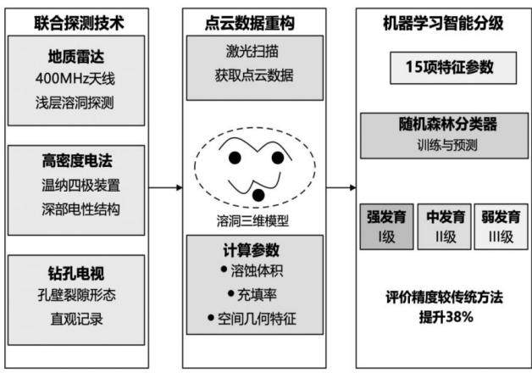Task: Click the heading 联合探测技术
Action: tap(79, 23)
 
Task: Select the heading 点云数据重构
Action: tap(250, 23)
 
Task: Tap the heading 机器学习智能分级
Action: tap(443, 23)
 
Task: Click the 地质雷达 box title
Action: tap(76, 56)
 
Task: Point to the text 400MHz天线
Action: tap(75, 79)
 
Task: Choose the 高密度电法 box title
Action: tap(77, 160)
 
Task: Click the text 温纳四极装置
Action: tap(80, 186)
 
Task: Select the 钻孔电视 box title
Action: tap(76, 273)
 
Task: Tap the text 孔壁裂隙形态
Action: tap(77, 295)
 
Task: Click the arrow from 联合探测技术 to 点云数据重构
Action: tap(165, 187)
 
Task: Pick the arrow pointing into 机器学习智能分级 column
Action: tap(341, 187)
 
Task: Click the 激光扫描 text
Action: tap(252, 52)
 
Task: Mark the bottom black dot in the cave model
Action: tap(258, 195)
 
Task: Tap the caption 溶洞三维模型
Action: tap(252, 221)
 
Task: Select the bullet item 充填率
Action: tap(252, 295)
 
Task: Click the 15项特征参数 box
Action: tap(453, 68)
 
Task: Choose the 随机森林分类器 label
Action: tap(448, 125)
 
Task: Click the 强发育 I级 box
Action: tap(387, 226)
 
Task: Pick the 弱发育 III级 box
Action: tap(501, 226)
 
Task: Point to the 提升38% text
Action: tap(446, 317)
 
